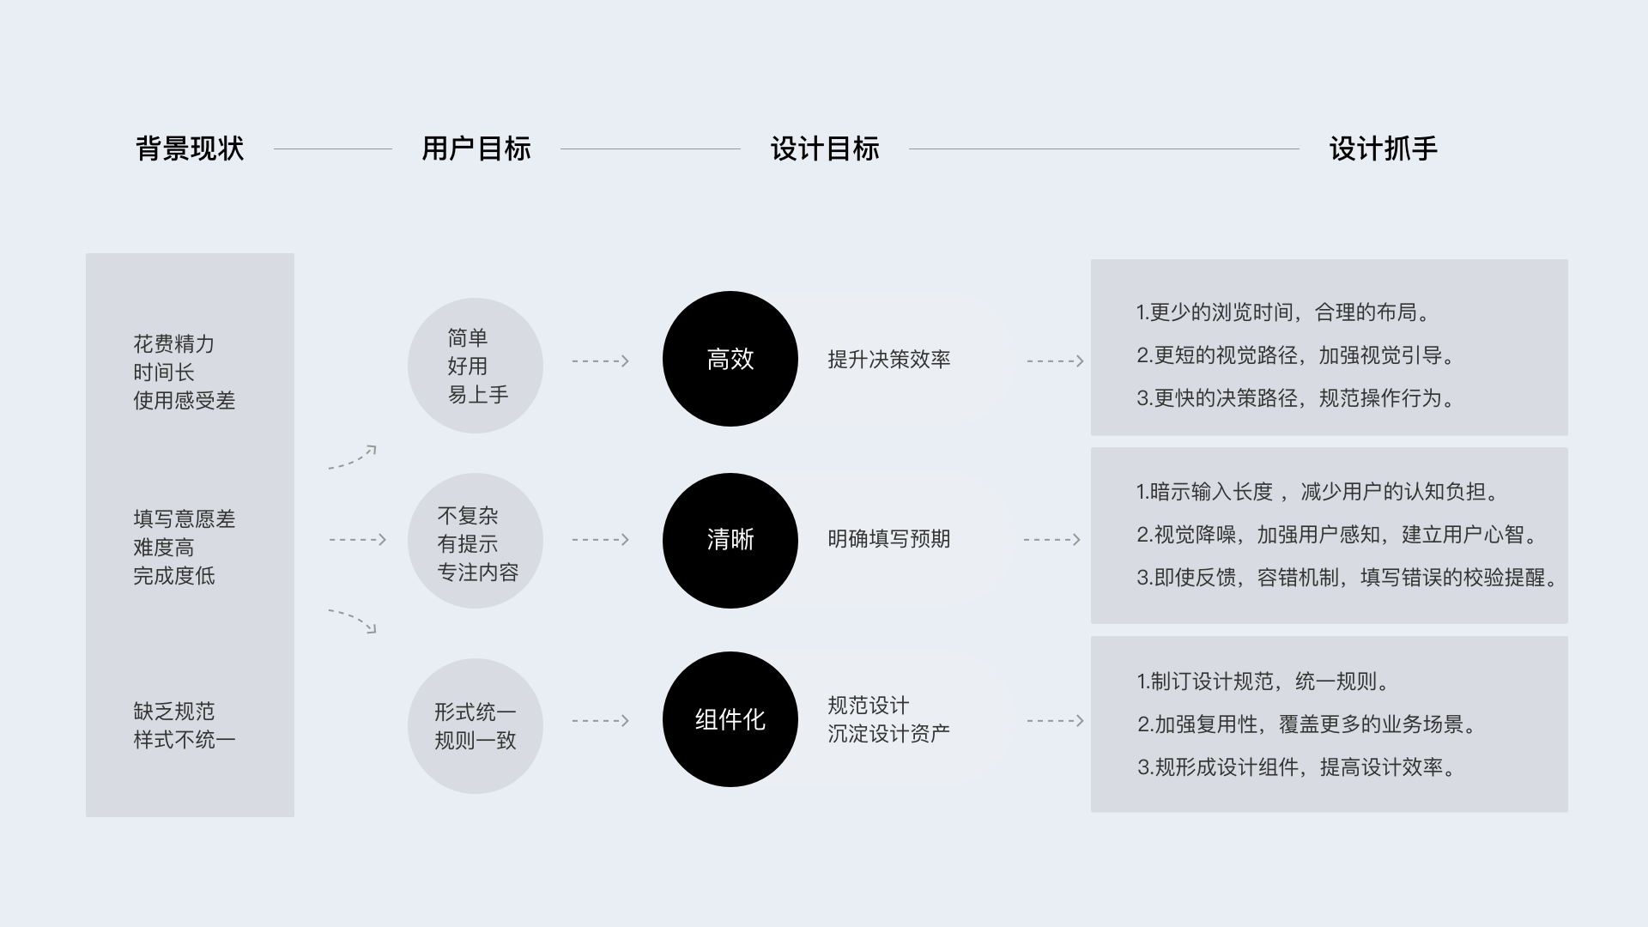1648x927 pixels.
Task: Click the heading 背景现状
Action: [x=190, y=149]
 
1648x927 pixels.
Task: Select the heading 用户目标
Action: [x=476, y=149]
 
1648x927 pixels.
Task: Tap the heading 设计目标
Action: [x=825, y=149]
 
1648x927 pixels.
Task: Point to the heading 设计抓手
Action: [x=1383, y=149]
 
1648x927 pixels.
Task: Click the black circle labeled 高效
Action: [x=730, y=359]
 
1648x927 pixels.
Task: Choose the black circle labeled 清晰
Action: [x=730, y=540]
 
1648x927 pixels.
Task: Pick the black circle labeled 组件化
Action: [x=730, y=719]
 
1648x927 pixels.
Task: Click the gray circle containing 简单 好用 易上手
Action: [x=476, y=366]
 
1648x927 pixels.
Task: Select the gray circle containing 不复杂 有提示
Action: [x=476, y=541]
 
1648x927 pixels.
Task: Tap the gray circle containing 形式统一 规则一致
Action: [x=476, y=726]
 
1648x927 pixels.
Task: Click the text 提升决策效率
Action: [x=889, y=360]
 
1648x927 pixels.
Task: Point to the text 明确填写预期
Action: [x=889, y=539]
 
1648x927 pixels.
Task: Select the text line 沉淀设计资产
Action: [x=889, y=734]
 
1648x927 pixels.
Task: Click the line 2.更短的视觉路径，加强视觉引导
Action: [x=1296, y=355]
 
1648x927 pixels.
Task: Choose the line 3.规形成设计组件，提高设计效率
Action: [x=1298, y=767]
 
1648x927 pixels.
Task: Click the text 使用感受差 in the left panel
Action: [x=184, y=401]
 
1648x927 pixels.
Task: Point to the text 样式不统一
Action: [x=184, y=740]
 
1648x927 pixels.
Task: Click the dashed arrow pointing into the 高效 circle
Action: [x=601, y=361]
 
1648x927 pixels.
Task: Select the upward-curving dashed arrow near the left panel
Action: [x=353, y=457]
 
